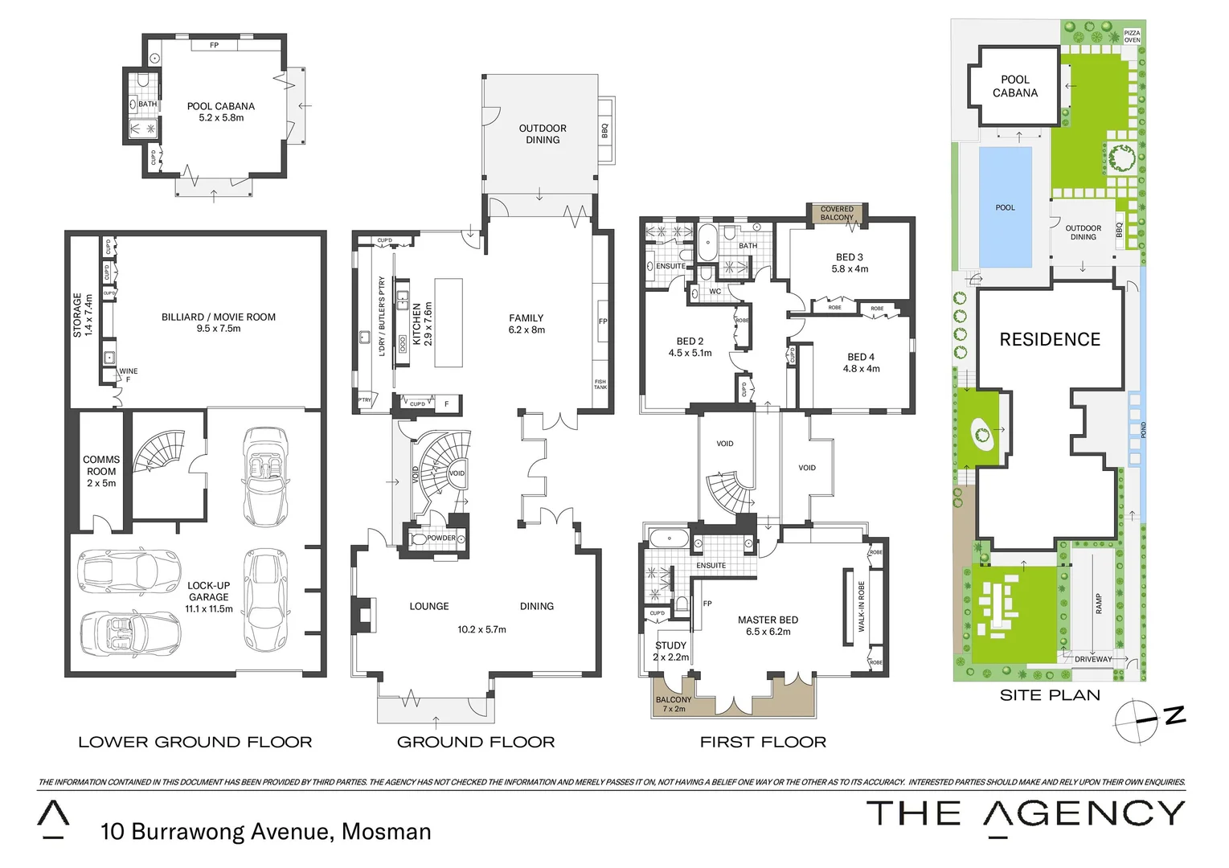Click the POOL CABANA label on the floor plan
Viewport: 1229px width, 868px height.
coord(220,106)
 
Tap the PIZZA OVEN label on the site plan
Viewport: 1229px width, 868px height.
coord(1132,36)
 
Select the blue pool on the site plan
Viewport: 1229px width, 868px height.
coord(1005,207)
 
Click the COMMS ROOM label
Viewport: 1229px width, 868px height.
coord(101,471)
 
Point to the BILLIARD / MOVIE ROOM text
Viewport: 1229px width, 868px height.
coord(218,317)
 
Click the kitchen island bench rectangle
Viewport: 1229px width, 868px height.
coord(449,322)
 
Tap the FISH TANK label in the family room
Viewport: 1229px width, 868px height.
coord(600,385)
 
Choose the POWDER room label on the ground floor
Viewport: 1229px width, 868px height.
coord(440,538)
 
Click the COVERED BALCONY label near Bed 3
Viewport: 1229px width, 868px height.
coord(837,213)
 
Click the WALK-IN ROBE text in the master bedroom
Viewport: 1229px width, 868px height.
coord(861,607)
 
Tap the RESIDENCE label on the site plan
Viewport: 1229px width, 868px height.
coord(1050,339)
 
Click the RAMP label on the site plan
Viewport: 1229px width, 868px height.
coord(1099,604)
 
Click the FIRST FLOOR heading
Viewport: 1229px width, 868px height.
coord(763,742)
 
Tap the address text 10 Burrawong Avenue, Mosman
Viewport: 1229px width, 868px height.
coord(265,831)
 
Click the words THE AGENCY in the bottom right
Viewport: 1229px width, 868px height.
coord(1025,814)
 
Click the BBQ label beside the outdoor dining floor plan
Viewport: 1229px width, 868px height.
coord(604,129)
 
